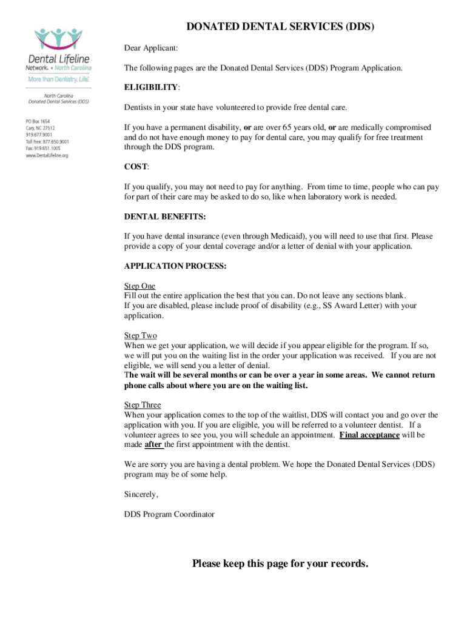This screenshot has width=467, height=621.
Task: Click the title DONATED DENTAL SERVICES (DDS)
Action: [x=280, y=27]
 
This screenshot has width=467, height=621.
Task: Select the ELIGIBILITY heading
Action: [x=151, y=87]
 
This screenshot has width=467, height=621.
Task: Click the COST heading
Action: [x=136, y=167]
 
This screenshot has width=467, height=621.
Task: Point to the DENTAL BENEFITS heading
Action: [x=164, y=216]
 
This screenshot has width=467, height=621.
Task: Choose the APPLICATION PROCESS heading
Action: [x=175, y=266]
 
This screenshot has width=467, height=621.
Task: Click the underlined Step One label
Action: [x=139, y=286]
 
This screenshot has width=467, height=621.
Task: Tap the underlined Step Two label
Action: [x=140, y=335]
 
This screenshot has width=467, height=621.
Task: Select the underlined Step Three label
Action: [x=143, y=405]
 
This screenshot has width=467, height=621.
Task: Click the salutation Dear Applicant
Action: [x=151, y=48]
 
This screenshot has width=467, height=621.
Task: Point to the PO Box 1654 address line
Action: [x=38, y=121]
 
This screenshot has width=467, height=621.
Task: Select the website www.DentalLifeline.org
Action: [x=47, y=156]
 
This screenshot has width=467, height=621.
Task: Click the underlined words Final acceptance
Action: [x=369, y=435]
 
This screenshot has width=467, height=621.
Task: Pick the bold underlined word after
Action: [x=153, y=445]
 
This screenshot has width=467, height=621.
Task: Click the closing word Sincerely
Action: [x=141, y=494]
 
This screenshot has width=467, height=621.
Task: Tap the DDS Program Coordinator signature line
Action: [x=169, y=514]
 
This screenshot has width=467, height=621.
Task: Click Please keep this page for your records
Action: [x=280, y=564]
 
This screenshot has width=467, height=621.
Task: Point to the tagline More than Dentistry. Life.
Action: [x=58, y=79]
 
